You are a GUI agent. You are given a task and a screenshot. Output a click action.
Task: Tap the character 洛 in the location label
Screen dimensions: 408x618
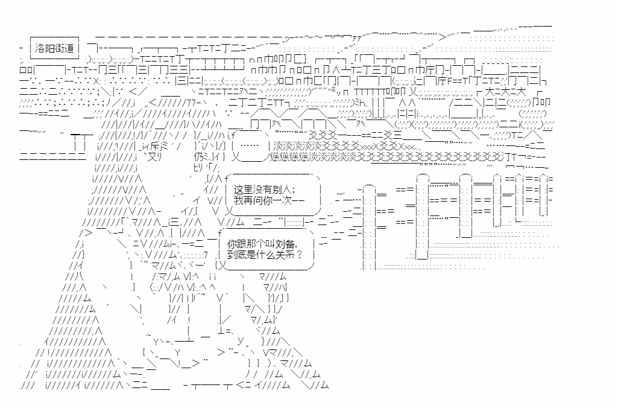tap(40, 48)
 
